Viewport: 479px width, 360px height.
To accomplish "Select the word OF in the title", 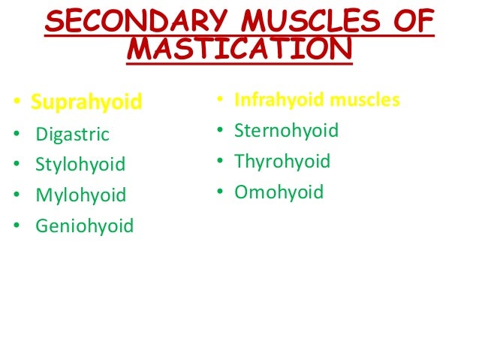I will pos(411,23).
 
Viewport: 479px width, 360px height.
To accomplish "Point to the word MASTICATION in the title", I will pos(239,51).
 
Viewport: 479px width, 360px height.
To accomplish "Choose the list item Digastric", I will pos(72,135).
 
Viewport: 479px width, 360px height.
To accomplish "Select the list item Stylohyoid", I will pos(80,165).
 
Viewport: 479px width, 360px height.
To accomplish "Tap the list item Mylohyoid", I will pos(80,195).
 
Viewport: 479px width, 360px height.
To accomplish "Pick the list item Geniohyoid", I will pos(84,225).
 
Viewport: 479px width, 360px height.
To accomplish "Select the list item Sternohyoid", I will pos(286,131).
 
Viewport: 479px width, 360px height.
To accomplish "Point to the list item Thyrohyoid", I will pos(282,162).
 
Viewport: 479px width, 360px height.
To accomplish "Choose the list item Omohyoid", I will pos(279,192).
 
